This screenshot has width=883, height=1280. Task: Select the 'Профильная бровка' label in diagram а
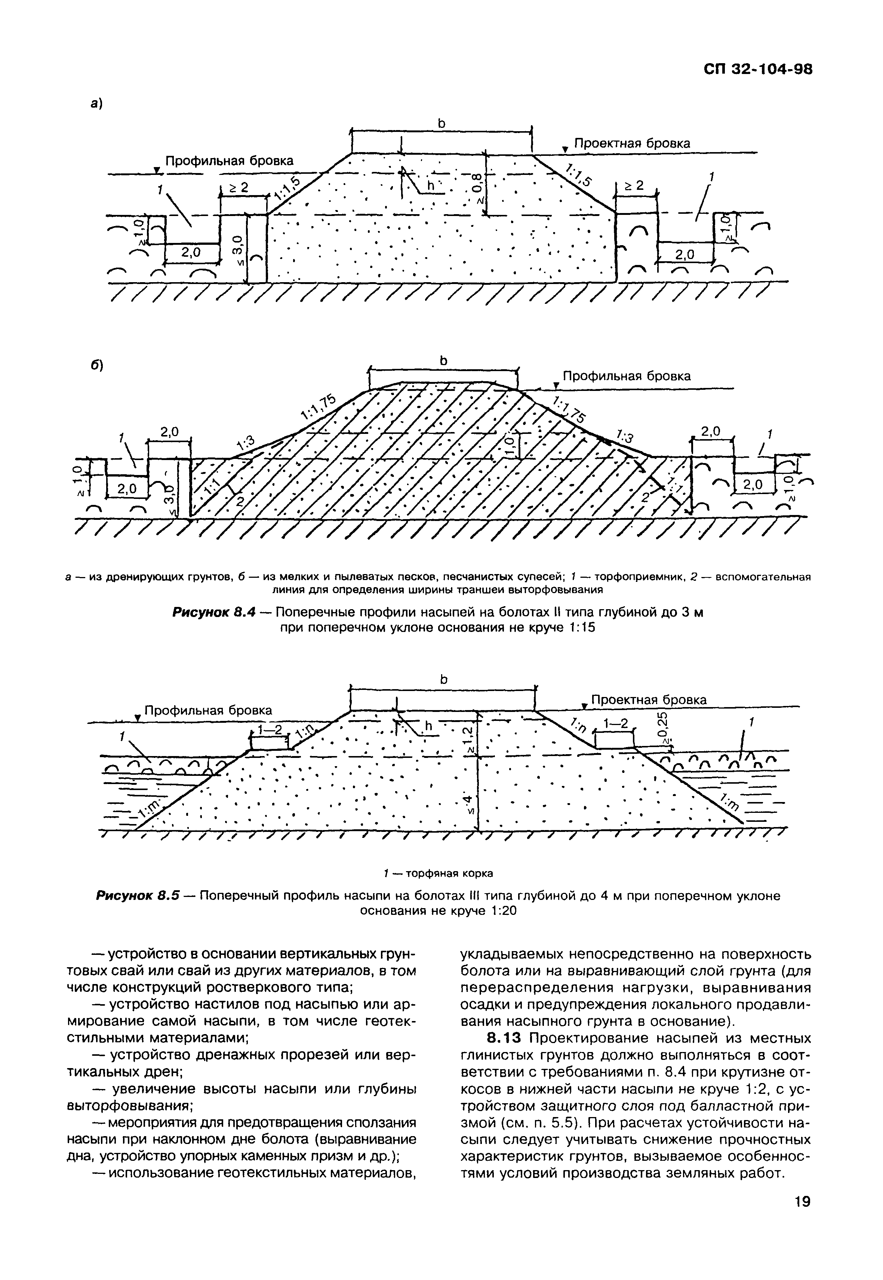[230, 161]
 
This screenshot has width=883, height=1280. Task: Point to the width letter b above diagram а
[441, 124]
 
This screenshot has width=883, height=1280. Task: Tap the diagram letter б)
[98, 366]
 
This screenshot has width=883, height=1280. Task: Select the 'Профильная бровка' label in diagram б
[627, 376]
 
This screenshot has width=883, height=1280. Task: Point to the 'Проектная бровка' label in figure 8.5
[649, 700]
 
